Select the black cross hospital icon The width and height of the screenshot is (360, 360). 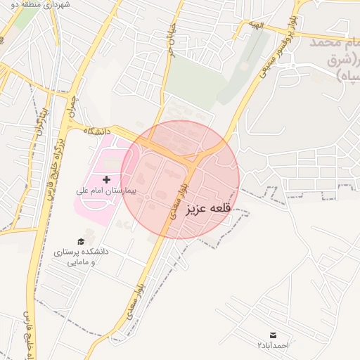click(x=106, y=180)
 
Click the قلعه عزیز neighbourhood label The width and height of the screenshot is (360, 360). click(x=208, y=209)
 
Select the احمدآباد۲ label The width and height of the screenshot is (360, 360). click(x=273, y=346)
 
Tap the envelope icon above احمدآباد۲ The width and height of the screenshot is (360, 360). click(x=273, y=335)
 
